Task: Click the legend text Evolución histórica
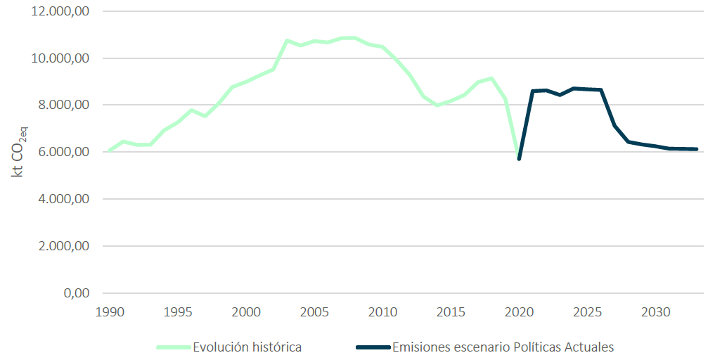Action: click(247, 347)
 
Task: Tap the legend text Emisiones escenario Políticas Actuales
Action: click(503, 347)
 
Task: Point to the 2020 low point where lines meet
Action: click(519, 158)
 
